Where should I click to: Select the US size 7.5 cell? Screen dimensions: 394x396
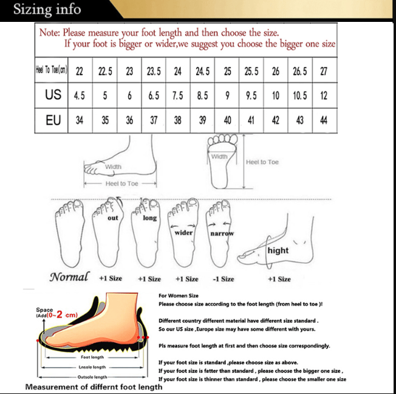click(177, 95)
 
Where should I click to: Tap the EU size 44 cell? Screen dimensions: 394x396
click(324, 120)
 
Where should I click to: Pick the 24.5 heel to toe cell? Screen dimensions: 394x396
click(202, 71)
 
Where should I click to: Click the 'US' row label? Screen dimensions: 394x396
click(53, 95)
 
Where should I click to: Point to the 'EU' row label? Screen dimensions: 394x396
click(53, 120)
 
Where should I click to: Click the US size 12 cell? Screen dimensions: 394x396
click(324, 95)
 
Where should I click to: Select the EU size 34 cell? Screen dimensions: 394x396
click(80, 120)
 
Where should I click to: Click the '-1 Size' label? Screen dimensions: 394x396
click(224, 279)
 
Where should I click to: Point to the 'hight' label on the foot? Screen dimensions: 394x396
click(278, 251)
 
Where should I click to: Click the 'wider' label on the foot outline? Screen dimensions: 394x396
click(183, 232)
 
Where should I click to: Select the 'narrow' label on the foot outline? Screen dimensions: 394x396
click(222, 233)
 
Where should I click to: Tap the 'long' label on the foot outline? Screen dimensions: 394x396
click(149, 218)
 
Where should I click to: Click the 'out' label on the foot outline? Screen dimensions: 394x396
click(113, 218)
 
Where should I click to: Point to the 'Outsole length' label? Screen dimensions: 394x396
click(92, 377)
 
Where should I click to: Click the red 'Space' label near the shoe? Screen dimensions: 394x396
click(44, 309)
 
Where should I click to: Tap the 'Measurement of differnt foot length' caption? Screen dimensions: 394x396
click(94, 387)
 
